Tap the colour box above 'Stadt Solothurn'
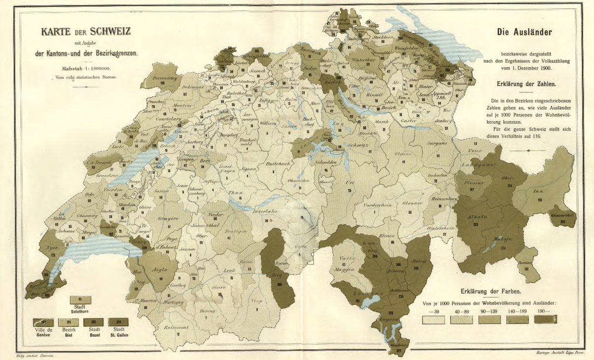point(80,300)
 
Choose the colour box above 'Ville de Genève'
point(43,322)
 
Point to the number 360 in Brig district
point(280,284)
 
